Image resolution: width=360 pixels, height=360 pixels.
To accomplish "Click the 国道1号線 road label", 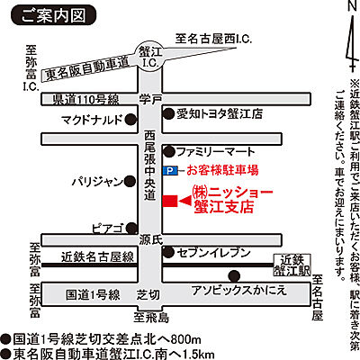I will (x=94, y=293).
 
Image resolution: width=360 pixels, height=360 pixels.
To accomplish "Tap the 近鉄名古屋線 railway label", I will (x=97, y=257).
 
